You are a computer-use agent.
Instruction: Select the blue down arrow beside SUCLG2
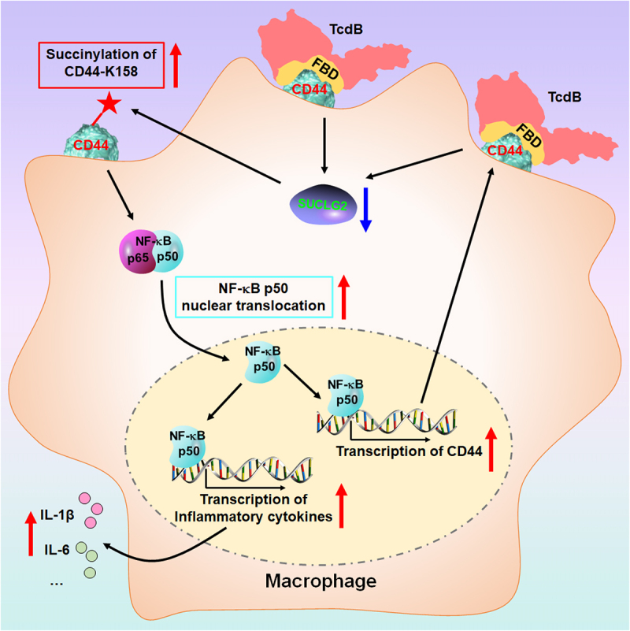click(x=365, y=209)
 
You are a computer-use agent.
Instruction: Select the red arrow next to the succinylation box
click(x=176, y=61)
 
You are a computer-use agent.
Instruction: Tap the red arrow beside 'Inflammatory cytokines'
click(x=341, y=505)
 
